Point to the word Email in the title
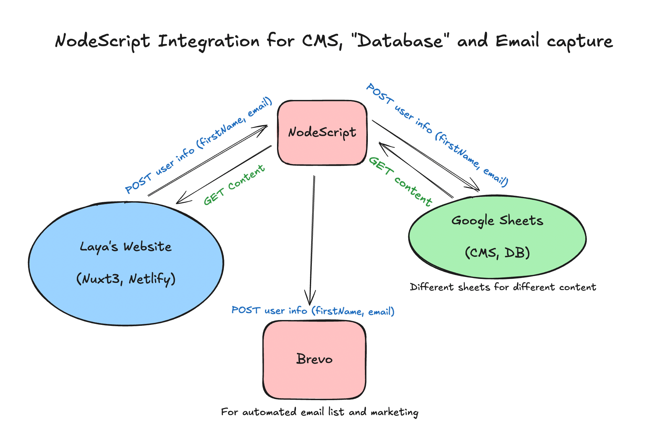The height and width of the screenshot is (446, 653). click(x=517, y=41)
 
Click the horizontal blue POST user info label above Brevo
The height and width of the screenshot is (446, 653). click(x=313, y=311)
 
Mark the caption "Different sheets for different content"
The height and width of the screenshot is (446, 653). click(x=503, y=287)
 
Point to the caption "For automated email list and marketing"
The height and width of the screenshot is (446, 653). click(x=320, y=412)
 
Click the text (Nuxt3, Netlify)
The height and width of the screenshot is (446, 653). click(x=126, y=279)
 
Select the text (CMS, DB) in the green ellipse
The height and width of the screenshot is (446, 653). click(x=497, y=253)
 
